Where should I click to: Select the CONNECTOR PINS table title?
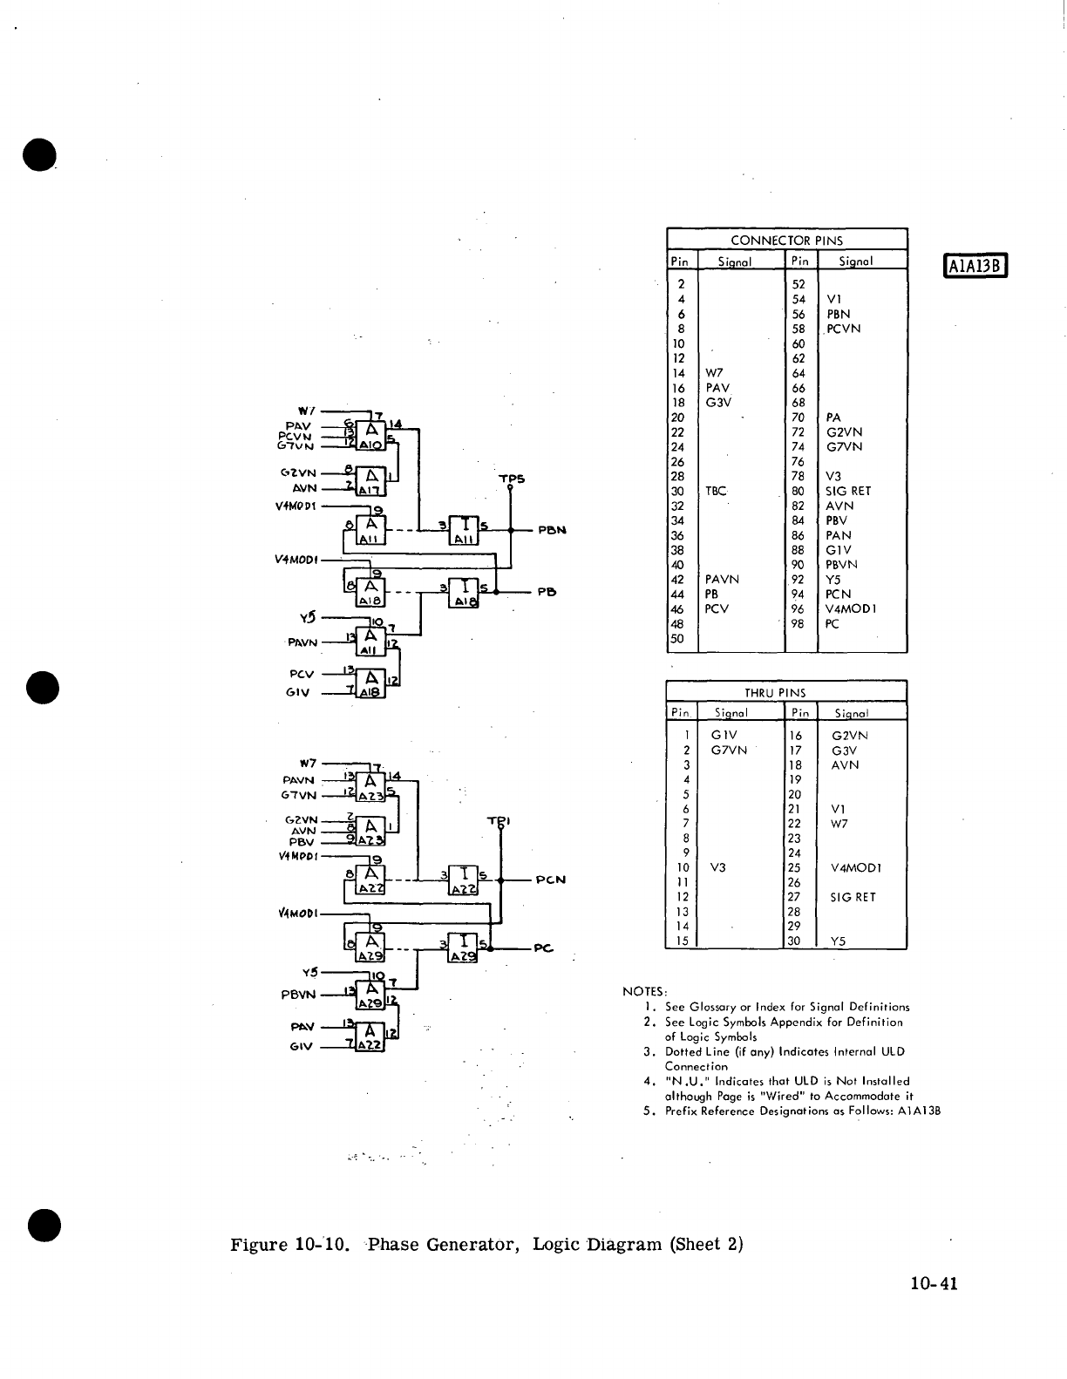tap(786, 240)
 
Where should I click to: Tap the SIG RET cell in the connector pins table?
tap(848, 491)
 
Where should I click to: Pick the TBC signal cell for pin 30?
tap(716, 491)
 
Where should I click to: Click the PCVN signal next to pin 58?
tap(843, 329)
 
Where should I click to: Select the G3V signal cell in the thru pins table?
tap(845, 750)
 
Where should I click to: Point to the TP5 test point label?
tap(511, 479)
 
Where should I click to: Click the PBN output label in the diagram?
tap(553, 529)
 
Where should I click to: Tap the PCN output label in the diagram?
tap(551, 880)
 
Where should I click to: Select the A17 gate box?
tap(371, 482)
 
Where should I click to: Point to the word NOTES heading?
tap(644, 991)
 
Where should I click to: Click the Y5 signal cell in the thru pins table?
tap(839, 941)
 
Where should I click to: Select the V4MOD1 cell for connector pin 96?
tap(851, 608)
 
